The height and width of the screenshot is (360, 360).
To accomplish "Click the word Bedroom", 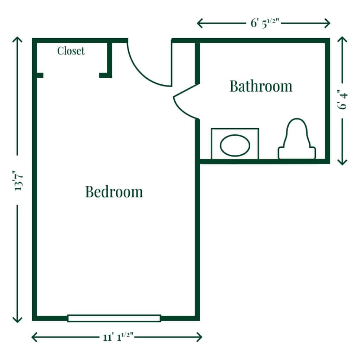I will (114, 192).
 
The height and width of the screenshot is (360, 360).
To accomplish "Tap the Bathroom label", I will (261, 86).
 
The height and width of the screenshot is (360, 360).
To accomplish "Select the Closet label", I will (71, 51).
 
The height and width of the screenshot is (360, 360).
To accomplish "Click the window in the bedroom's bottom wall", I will (114, 318).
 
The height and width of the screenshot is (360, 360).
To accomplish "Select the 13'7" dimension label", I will (18, 180).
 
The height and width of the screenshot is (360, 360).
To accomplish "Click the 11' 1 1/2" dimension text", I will (117, 337).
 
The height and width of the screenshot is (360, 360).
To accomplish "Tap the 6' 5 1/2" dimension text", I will (264, 23).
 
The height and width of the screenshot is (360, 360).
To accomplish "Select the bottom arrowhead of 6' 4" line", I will (342, 162).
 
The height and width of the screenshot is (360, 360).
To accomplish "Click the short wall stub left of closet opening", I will (39, 75).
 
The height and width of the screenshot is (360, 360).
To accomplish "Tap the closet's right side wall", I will (110, 58).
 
